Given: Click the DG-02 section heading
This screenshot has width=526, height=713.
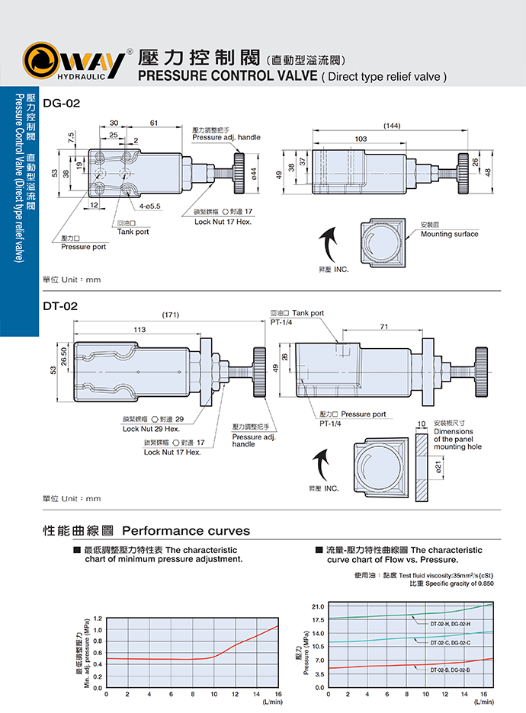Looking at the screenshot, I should click(x=59, y=104).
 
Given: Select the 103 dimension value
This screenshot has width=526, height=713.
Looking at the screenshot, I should click(x=361, y=139).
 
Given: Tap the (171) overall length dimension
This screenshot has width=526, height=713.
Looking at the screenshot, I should click(x=170, y=315).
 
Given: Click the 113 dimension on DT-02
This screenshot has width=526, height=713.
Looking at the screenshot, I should click(x=140, y=330).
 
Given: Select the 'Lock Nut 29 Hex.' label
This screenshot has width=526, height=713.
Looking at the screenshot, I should click(x=151, y=429).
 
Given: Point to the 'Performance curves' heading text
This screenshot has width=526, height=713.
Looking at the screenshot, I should click(x=186, y=530).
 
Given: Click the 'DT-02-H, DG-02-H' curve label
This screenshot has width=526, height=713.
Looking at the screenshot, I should click(x=451, y=624).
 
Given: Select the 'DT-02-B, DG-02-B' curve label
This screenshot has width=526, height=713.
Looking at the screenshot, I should click(x=451, y=670).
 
